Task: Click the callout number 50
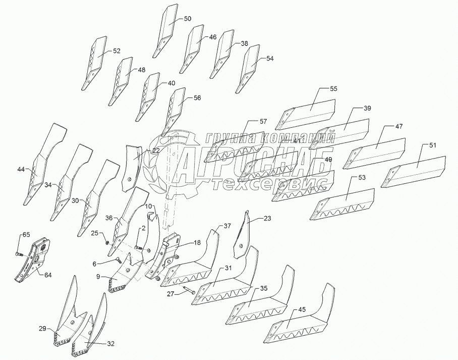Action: pyautogui.click(x=187, y=19)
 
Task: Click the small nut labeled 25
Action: pyautogui.click(x=107, y=242)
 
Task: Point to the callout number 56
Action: pyautogui.click(x=197, y=98)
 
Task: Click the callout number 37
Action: pyautogui.click(x=227, y=226)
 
